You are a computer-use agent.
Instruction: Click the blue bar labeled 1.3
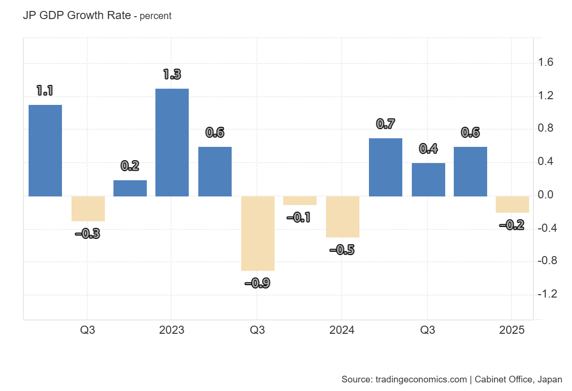point(172,143)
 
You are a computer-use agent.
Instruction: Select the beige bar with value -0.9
point(257,234)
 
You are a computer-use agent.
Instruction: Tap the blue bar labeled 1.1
point(45,151)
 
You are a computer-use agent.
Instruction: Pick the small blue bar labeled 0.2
point(130,188)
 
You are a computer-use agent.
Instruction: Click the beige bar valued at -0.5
point(342,217)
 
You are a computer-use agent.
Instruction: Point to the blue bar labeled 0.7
point(385,167)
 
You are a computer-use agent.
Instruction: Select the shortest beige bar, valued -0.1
point(300,201)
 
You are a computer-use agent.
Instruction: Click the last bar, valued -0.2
point(512,205)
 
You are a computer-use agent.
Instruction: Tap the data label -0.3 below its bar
point(88,234)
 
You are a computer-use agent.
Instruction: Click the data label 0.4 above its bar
point(428,149)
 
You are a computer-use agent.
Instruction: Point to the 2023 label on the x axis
point(172,330)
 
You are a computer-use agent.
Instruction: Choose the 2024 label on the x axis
point(342,330)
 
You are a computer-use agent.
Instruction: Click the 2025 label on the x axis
point(511,330)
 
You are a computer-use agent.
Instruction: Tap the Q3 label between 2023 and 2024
point(257,330)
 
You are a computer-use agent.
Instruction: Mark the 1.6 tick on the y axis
point(545,63)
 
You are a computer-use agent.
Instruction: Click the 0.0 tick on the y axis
point(545,195)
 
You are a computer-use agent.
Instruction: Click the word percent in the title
point(155,16)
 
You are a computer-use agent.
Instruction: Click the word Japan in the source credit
point(549,380)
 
